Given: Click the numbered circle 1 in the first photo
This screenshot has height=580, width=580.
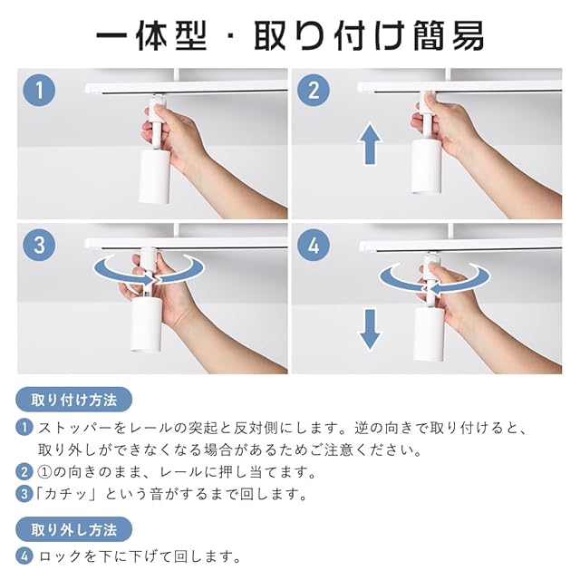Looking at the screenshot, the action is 39,91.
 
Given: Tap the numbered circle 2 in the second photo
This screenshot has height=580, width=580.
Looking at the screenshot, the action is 314,91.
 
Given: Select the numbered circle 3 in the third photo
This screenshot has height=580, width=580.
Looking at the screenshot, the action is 39,246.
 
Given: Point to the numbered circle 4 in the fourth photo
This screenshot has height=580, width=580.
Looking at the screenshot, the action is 314,246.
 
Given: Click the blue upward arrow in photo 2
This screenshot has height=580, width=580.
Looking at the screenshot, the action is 370,144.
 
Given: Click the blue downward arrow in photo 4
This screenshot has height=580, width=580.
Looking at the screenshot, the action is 370,330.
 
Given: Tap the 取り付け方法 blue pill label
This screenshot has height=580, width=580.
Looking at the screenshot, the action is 74,400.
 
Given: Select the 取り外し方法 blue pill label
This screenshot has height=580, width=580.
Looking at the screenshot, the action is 74,529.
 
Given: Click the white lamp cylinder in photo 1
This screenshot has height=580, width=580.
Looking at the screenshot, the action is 154,177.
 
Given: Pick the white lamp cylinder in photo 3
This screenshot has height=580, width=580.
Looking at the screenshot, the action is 145,325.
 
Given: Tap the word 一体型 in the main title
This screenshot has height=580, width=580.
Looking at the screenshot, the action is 151,36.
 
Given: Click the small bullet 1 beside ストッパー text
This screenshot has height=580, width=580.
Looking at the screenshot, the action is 24,428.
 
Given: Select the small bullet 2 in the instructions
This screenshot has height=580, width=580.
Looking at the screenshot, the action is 24,472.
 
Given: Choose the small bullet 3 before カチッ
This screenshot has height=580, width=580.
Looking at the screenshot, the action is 24,494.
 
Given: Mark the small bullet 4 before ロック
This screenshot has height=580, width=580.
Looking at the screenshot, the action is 24,556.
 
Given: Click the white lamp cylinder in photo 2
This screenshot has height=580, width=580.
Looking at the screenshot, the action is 427,166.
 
